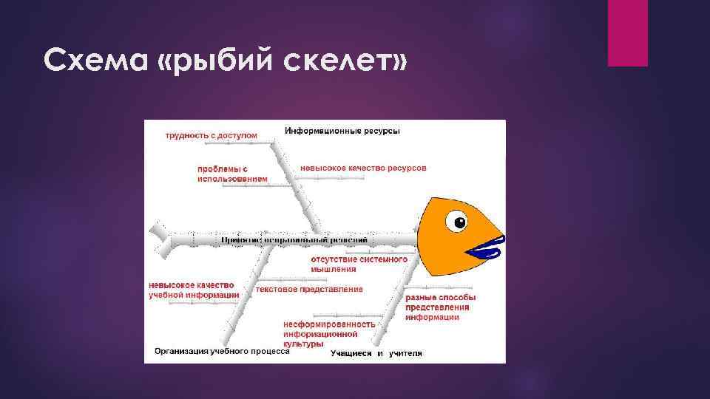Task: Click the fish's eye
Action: click(x=460, y=222)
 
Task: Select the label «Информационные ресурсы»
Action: click(x=342, y=132)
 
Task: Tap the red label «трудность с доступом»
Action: click(x=211, y=135)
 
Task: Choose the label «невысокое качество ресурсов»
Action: click(x=363, y=168)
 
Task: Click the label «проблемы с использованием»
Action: click(x=231, y=174)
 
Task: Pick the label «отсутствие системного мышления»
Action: click(x=359, y=264)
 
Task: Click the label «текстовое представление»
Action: click(x=309, y=290)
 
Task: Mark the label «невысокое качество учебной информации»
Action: click(x=193, y=290)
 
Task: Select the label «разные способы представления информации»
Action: click(x=436, y=307)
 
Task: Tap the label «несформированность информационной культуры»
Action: click(x=329, y=334)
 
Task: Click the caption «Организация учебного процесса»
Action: click(x=221, y=352)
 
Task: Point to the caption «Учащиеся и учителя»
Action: click(x=376, y=354)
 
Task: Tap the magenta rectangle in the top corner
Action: click(x=627, y=33)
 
